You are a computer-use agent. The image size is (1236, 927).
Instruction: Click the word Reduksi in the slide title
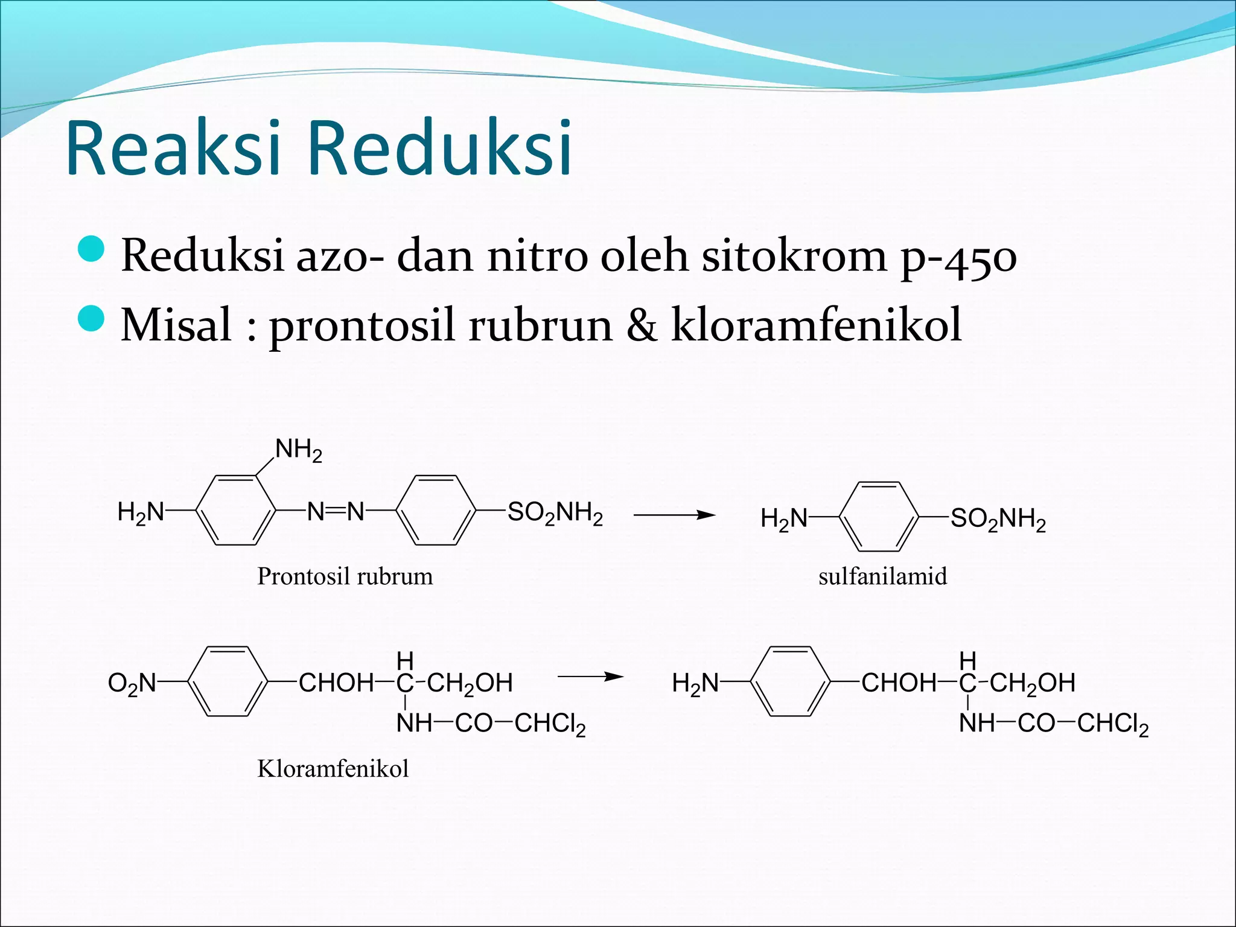[440, 148]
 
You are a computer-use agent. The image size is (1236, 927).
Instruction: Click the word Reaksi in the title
[173, 148]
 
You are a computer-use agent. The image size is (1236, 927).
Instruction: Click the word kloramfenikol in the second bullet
[816, 325]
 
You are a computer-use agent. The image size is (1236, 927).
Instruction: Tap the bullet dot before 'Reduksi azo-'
[91, 249]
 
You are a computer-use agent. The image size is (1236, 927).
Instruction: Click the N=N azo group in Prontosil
[336, 512]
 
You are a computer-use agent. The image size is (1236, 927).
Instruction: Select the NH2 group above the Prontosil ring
[299, 450]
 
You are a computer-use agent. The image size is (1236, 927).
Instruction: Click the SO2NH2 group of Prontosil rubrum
[555, 514]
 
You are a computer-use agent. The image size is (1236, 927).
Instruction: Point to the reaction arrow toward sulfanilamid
[674, 515]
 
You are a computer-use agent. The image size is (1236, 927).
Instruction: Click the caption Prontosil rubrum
[345, 576]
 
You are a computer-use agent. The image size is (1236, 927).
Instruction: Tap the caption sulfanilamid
[882, 576]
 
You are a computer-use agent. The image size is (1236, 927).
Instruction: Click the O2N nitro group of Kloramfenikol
[132, 684]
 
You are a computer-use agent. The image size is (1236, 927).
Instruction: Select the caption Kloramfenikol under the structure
[333, 769]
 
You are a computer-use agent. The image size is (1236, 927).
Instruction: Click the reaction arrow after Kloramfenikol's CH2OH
[590, 677]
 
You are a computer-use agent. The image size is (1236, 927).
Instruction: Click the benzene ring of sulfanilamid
[879, 517]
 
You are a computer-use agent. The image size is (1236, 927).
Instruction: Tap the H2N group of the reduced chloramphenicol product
[695, 684]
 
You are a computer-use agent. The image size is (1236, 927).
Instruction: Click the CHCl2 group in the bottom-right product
[1112, 724]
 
